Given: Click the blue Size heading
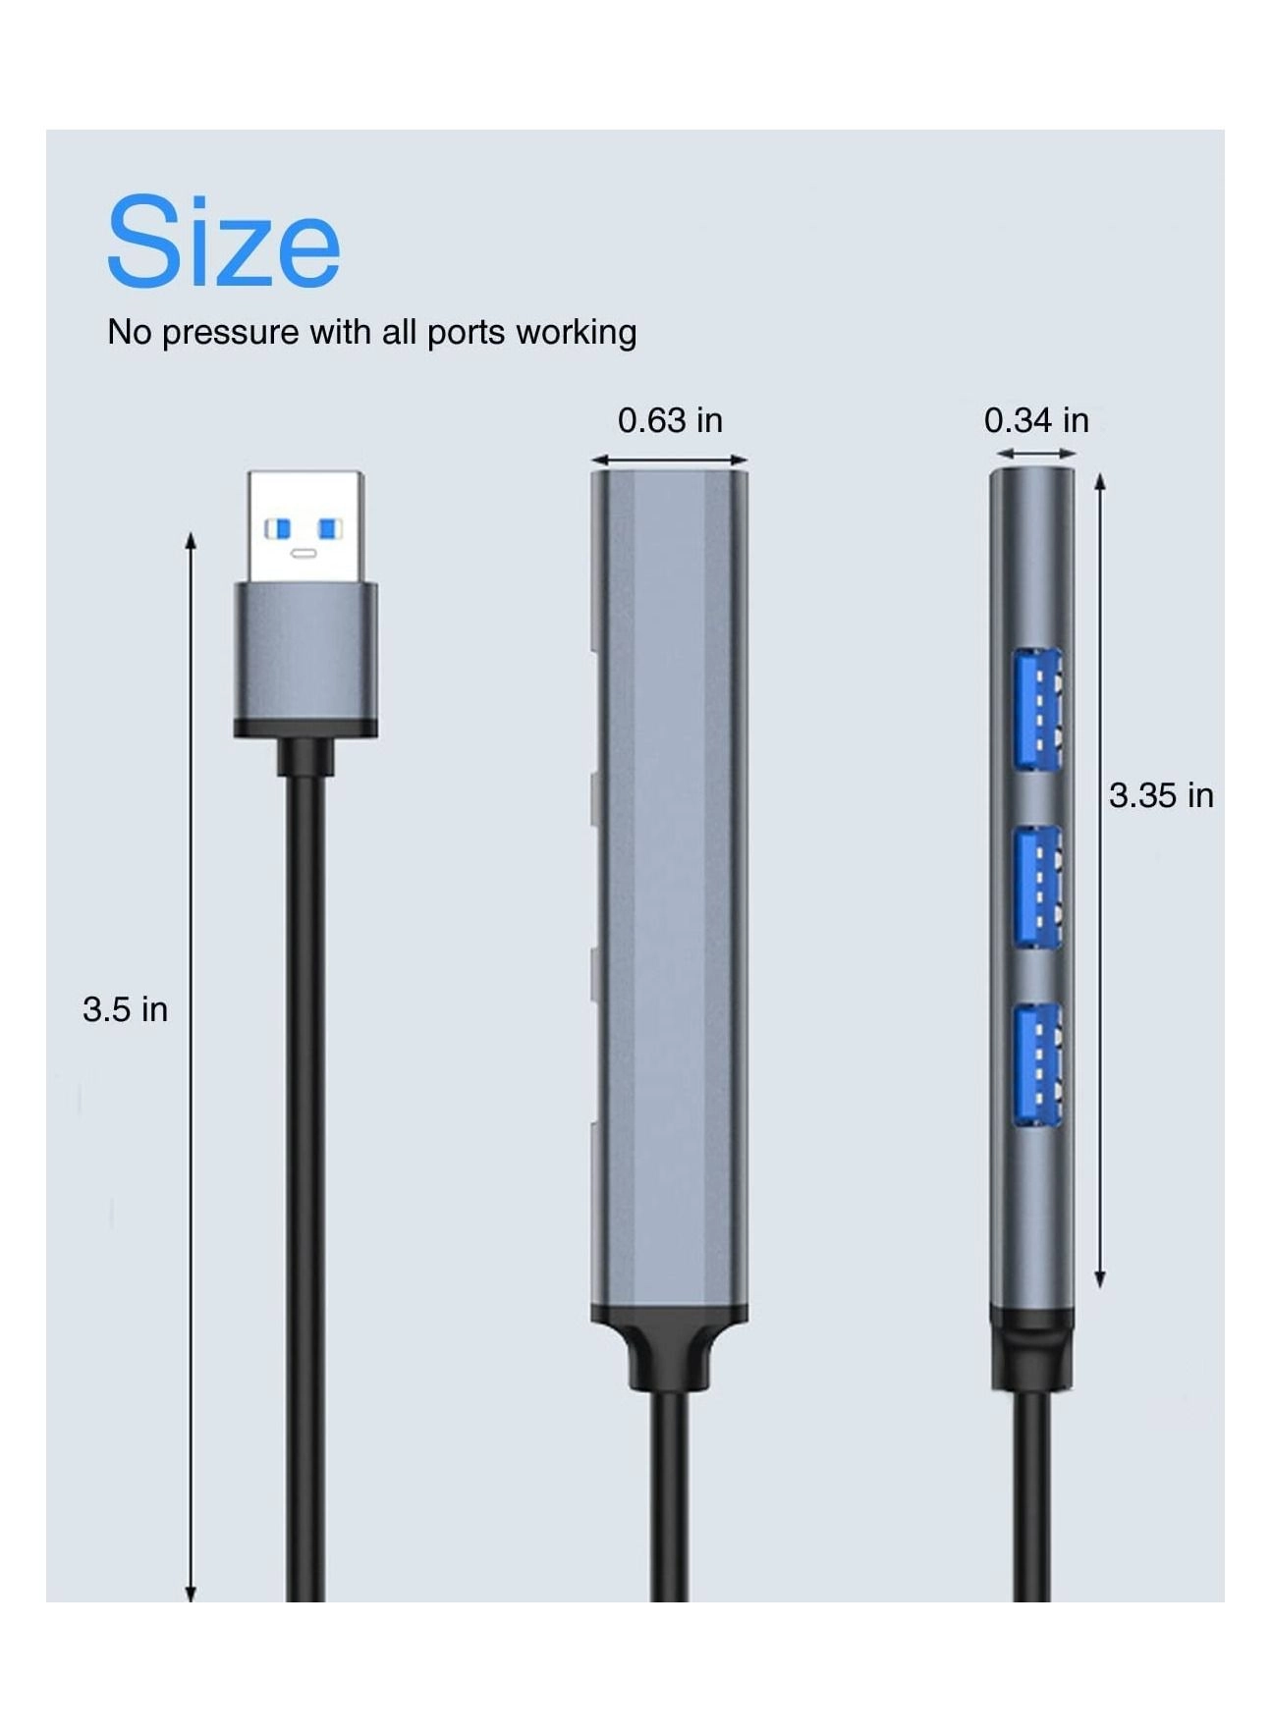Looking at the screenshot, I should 223,242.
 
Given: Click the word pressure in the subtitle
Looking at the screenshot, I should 230,333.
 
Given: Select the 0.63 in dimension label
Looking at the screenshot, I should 670,420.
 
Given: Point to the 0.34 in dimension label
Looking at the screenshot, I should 1036,420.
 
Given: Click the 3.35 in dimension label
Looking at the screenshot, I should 1161,795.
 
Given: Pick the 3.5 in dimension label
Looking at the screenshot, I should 125,1009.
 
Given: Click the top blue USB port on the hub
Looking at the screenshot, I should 1037,708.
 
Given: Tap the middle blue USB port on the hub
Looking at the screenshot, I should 1037,887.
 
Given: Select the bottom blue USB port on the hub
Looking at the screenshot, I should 1037,1064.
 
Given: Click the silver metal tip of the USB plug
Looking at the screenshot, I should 305,525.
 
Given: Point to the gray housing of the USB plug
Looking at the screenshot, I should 305,653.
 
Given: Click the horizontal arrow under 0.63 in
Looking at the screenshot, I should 669,460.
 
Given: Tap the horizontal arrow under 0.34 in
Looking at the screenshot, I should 1036,454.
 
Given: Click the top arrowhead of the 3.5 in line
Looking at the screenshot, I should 192,540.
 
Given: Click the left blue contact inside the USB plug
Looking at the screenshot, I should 279,529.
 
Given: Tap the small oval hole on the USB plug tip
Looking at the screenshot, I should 304,553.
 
